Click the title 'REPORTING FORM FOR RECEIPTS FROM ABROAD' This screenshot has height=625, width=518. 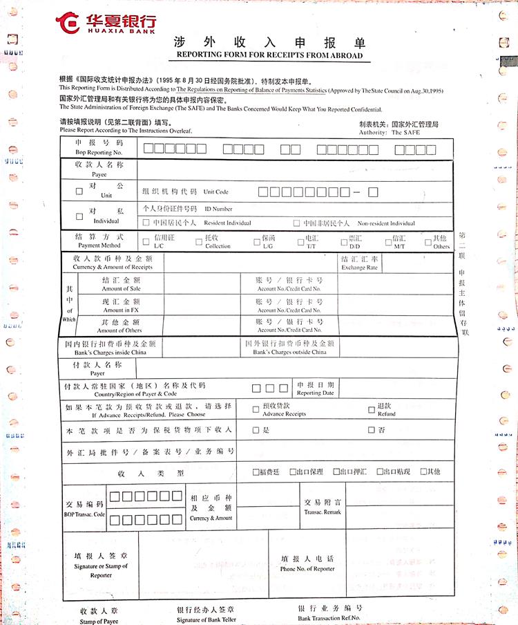click(269, 55)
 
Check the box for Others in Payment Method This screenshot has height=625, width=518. click(428, 241)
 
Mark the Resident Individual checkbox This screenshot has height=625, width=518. click(146, 223)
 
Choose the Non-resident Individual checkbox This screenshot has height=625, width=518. click(296, 223)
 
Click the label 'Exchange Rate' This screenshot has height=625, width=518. click(359, 268)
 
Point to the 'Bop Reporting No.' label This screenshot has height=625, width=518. click(98, 152)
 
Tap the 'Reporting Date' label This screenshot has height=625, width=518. click(315, 393)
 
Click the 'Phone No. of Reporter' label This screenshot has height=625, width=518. click(307, 569)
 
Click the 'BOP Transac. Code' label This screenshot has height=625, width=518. click(85, 515)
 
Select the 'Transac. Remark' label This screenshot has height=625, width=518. click(323, 512)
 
